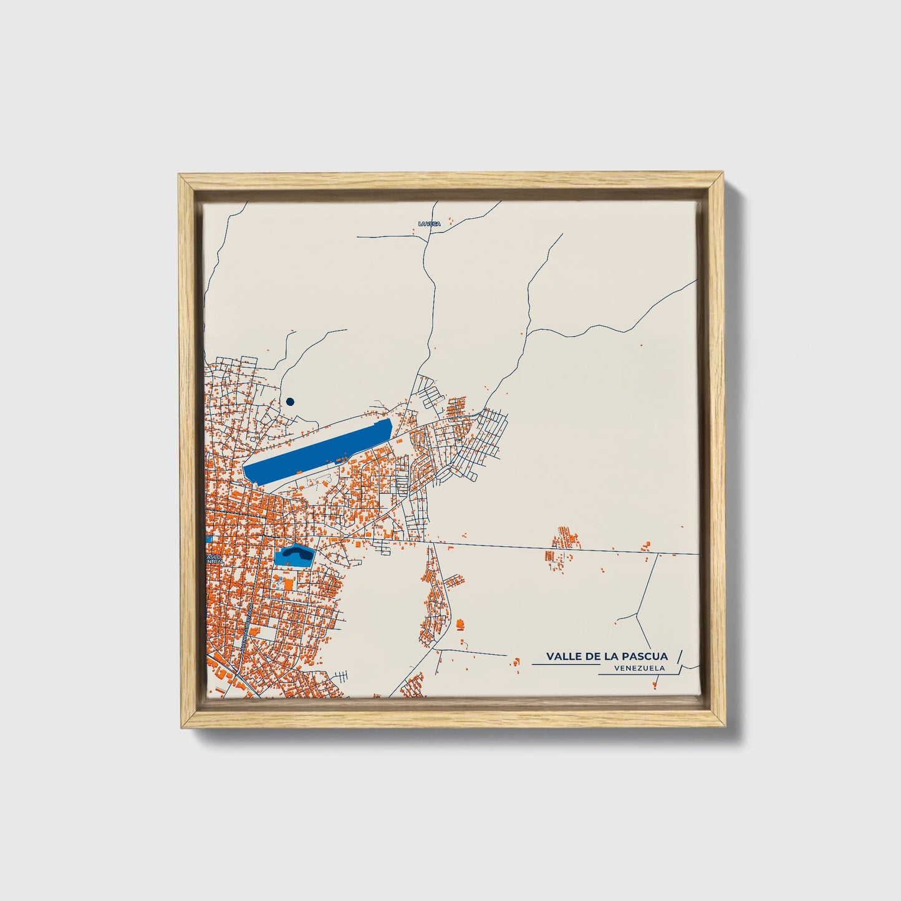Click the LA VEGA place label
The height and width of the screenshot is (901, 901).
coord(429,223)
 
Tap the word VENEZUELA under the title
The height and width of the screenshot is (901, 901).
coord(638,668)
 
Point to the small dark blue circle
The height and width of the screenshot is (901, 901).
coord(289,402)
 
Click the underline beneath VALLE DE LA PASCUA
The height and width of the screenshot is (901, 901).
coord(564,665)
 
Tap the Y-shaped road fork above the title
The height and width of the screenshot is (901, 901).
coord(635,615)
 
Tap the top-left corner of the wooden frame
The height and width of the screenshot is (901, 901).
coord(179,176)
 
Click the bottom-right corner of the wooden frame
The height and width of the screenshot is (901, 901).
coord(723,727)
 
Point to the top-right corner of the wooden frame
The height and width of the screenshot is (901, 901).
coord(723,176)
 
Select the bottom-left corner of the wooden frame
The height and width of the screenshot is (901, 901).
coord(179,727)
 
